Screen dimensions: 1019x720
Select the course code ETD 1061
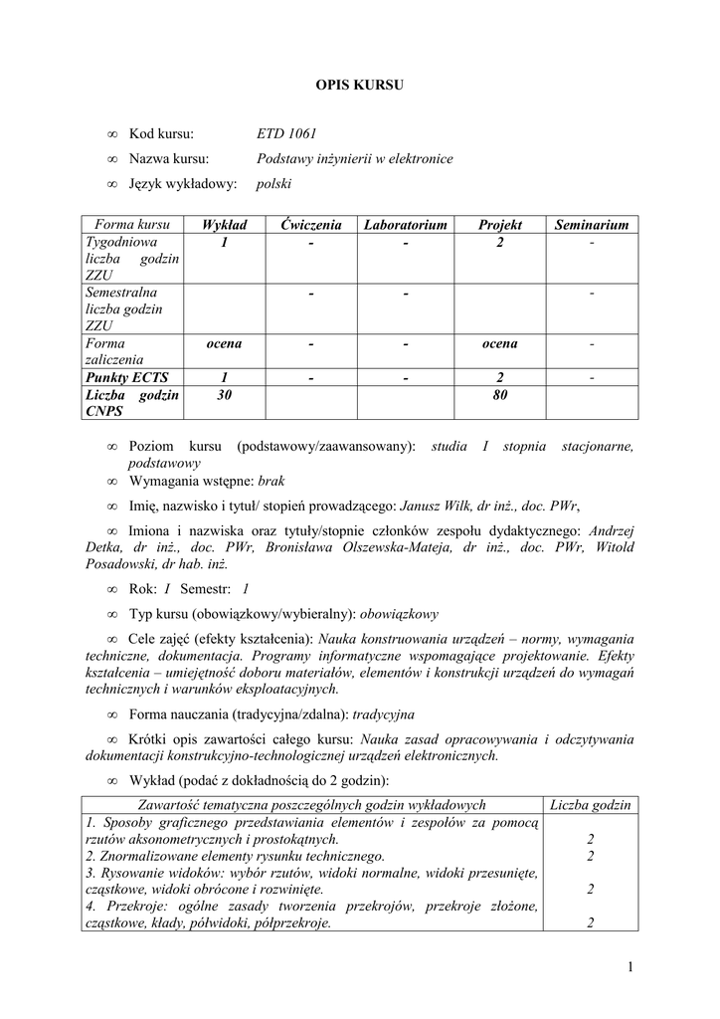[x=286, y=134]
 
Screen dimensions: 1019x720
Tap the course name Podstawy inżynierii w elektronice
[x=354, y=159]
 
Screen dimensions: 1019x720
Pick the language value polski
[x=273, y=184]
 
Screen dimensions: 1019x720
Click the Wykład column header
[x=224, y=226]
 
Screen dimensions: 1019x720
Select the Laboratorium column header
[x=406, y=226]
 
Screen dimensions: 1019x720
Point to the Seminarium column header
[x=592, y=226]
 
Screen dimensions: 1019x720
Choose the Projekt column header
[x=499, y=226]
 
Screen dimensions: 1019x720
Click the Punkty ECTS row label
[x=126, y=376]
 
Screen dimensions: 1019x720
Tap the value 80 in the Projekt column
[x=499, y=395]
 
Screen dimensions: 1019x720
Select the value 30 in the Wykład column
[x=224, y=395]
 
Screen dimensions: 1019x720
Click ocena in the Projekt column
[x=499, y=344]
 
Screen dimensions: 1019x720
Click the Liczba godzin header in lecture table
[x=591, y=805]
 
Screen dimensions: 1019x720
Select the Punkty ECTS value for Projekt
[x=499, y=376]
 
